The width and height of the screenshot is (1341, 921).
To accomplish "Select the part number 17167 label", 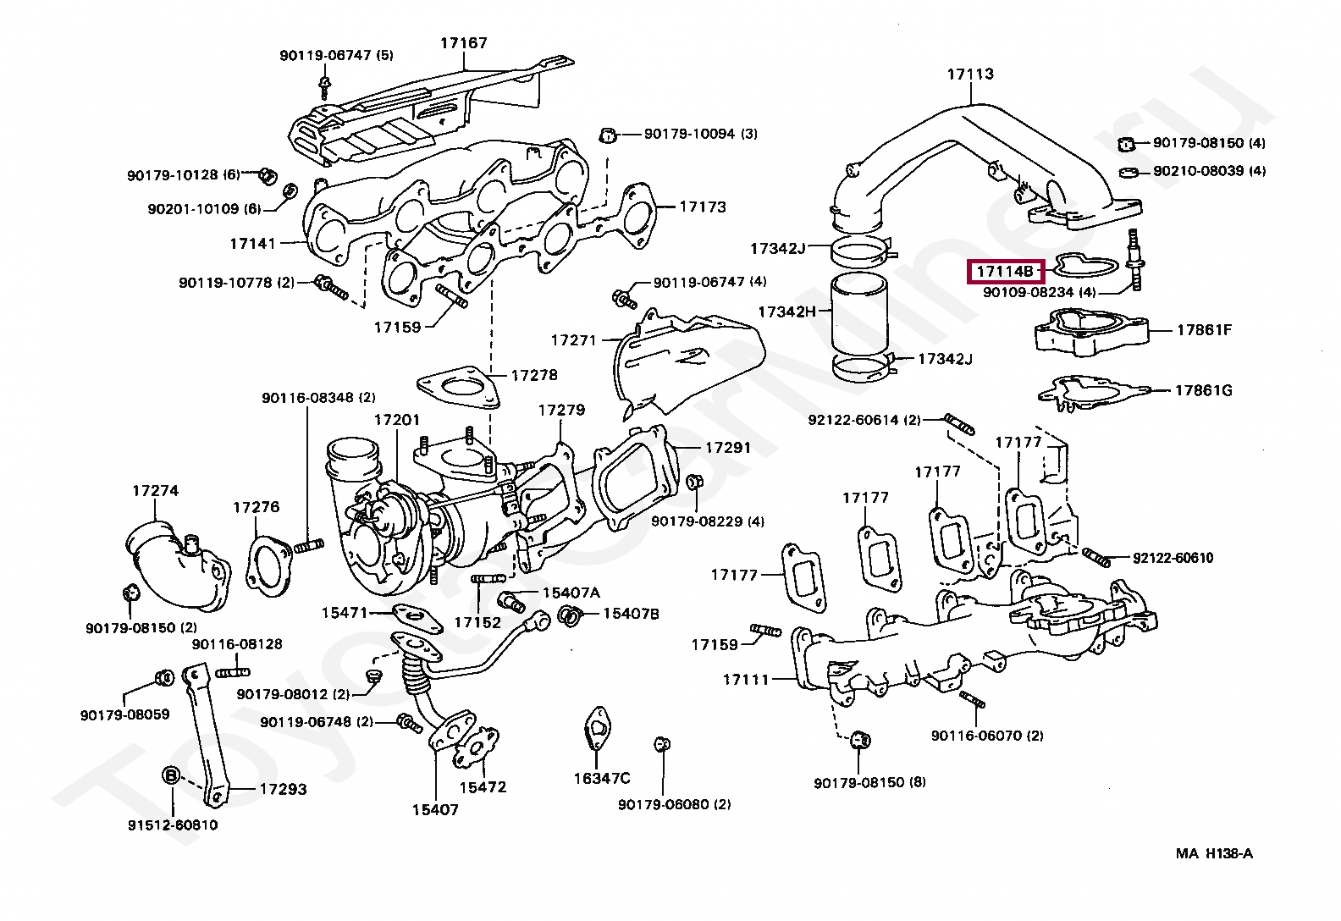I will pos(463,42).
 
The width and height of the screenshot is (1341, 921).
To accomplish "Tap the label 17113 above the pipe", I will pos(970,74).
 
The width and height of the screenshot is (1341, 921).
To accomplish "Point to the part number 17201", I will pos(396,420).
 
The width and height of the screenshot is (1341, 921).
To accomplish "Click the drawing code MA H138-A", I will pos(1214,853).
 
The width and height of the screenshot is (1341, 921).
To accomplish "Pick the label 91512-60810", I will pos(174,824).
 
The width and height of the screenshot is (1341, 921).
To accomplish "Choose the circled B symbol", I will pos(170,775).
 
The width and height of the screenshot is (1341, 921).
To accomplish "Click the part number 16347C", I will pos(602,778).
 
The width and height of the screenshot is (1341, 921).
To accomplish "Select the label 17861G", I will pos(1203,390).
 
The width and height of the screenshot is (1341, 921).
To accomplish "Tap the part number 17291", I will pos(728,447).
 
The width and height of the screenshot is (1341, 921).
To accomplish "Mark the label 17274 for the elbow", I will pos(155,490).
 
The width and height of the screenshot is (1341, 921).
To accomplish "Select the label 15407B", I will pos(631,613).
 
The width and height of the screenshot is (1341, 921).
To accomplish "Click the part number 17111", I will pos(746,679).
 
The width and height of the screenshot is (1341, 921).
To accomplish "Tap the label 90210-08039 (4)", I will pos(1209,171).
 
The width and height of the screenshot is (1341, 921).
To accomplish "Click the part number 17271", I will pos(573,339).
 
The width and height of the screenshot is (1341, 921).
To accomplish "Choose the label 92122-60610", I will pos(1173,558).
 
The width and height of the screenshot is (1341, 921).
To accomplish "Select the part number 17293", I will pos(283,789).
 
